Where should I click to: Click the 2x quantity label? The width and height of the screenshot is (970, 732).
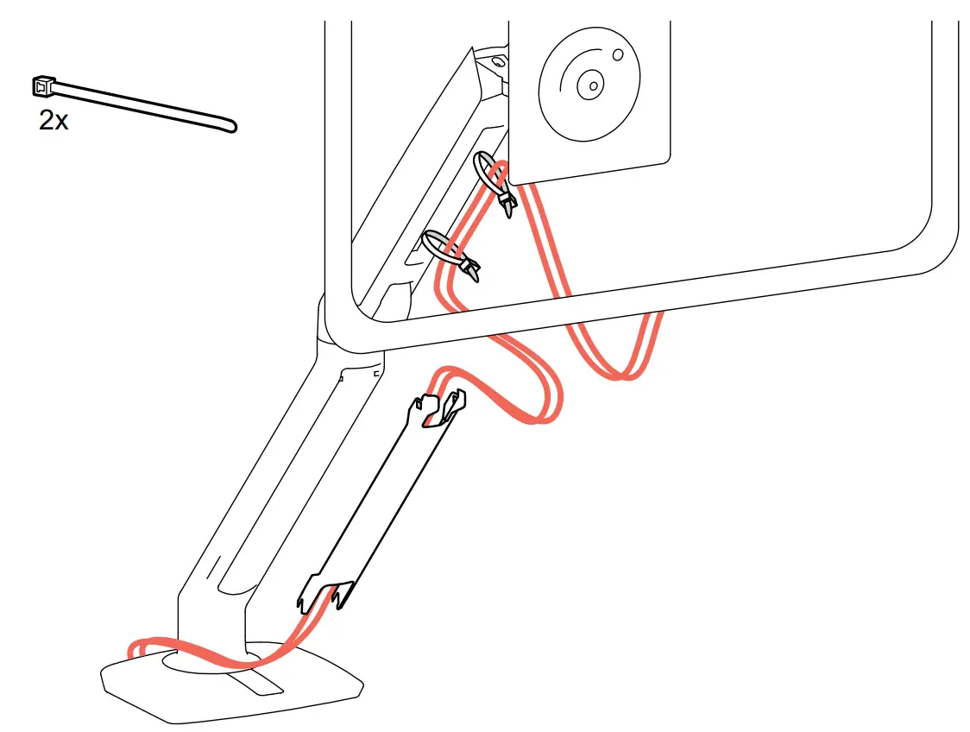[54, 121]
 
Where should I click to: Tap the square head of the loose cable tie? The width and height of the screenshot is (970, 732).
[41, 85]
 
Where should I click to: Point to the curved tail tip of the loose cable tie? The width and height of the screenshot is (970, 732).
[231, 127]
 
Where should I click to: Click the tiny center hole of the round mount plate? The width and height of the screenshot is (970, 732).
[590, 85]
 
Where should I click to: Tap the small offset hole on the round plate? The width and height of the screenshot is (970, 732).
[617, 55]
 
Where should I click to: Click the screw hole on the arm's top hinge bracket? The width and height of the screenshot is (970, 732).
[498, 62]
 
